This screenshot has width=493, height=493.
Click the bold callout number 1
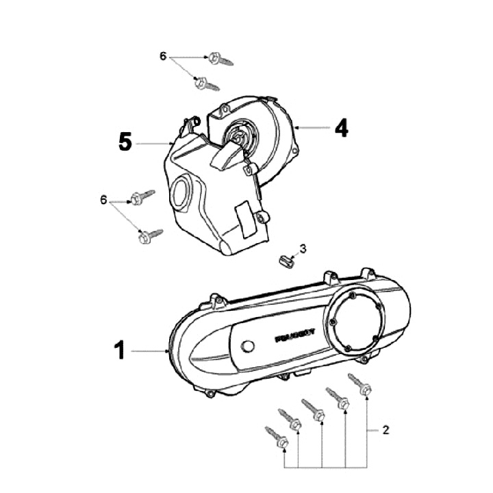click(119, 351)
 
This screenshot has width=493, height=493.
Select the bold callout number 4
click(340, 128)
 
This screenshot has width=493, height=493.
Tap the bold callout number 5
click(125, 142)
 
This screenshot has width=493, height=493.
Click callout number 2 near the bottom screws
click(385, 430)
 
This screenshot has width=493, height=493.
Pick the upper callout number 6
click(163, 55)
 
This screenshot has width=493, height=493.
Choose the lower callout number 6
click(104, 200)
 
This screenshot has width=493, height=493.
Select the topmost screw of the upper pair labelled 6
click(220, 59)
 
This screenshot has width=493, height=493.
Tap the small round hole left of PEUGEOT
click(249, 344)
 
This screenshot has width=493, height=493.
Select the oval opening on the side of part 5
click(183, 190)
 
